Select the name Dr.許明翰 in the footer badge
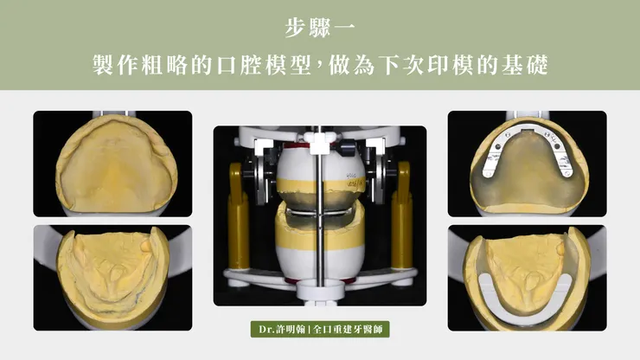[278, 330]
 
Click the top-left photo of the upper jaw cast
[112, 163]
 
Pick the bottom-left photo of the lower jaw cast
[112, 278]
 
